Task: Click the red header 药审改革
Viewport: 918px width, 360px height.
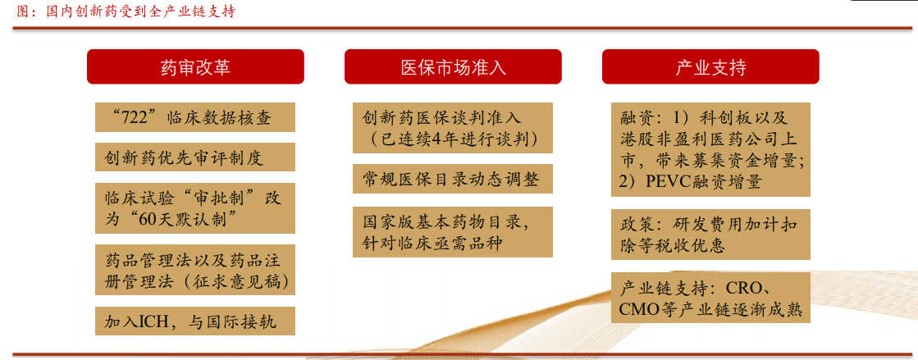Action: click(195, 66)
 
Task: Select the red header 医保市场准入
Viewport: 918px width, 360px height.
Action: click(453, 66)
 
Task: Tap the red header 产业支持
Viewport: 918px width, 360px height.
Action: click(710, 66)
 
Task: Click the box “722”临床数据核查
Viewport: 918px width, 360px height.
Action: click(195, 117)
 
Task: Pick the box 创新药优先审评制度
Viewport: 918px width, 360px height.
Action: click(195, 157)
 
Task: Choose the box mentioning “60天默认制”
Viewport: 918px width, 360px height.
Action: click(195, 207)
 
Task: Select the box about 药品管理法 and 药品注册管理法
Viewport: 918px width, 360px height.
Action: click(195, 270)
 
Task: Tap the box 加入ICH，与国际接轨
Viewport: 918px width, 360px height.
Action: click(195, 321)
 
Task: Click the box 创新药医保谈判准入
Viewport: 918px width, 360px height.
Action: click(453, 128)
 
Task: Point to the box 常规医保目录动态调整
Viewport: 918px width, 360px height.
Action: click(453, 179)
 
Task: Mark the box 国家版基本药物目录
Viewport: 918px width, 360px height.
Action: click(453, 231)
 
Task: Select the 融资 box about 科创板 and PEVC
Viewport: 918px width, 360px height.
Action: click(710, 150)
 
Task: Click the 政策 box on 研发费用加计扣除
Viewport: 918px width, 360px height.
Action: click(710, 235)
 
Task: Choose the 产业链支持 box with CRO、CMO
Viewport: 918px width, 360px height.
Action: click(710, 298)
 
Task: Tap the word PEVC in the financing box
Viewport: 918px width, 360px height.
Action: click(667, 181)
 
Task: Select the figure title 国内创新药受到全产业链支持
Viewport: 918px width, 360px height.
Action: click(140, 11)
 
